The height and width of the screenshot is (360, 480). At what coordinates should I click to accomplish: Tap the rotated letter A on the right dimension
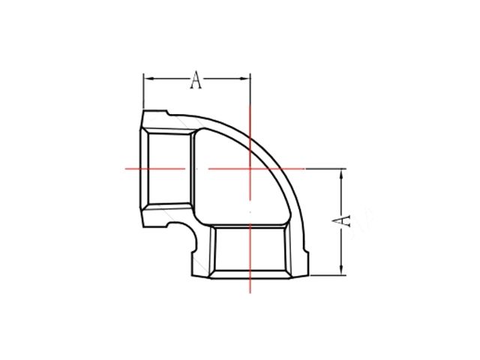340,220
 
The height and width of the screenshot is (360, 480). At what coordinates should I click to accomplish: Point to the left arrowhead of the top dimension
148,77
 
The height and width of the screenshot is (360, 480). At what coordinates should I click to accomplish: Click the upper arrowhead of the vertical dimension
342,173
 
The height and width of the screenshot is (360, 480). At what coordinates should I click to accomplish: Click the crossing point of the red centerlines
250,168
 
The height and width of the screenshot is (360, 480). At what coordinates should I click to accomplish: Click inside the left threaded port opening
169,168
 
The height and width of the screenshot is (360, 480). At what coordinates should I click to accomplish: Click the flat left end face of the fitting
140,168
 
